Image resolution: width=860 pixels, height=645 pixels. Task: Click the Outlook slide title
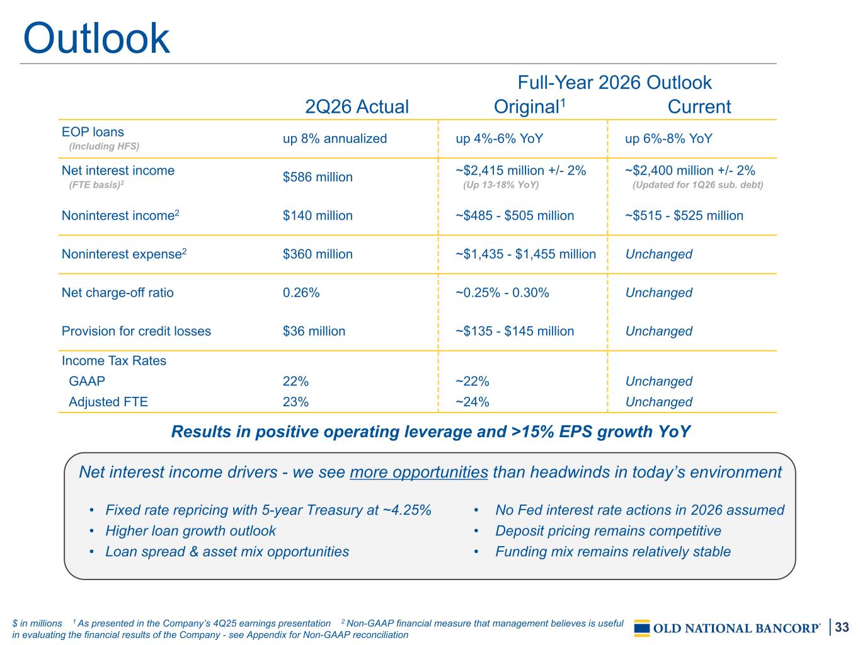pyautogui.click(x=96, y=38)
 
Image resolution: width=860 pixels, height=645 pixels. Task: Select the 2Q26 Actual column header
pyautogui.click(x=357, y=106)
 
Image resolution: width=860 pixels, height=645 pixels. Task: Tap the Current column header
pyautogui.click(x=699, y=106)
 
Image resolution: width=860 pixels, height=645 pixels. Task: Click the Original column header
pyautogui.click(x=529, y=106)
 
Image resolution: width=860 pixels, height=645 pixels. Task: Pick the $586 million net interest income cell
pyautogui.click(x=318, y=177)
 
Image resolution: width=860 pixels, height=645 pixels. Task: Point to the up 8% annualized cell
pyautogui.click(x=335, y=139)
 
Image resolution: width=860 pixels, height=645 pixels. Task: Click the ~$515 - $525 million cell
pyautogui.click(x=684, y=215)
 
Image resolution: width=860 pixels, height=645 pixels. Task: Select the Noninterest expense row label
pyautogui.click(x=124, y=254)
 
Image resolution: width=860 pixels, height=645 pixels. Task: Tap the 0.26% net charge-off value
pyautogui.click(x=301, y=292)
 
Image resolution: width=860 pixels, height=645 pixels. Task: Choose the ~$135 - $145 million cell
pyautogui.click(x=515, y=331)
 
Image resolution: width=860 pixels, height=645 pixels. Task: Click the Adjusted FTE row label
pyautogui.click(x=108, y=402)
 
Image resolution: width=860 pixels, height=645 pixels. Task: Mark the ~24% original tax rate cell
pyautogui.click(x=472, y=402)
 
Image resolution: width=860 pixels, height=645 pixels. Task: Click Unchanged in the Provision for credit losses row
pyautogui.click(x=658, y=331)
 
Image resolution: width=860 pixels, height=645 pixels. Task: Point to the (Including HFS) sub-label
pyautogui.click(x=104, y=147)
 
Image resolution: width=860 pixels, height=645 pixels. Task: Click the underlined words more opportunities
pyautogui.click(x=419, y=472)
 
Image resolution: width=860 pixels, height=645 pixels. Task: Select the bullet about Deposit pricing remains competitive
pyautogui.click(x=608, y=531)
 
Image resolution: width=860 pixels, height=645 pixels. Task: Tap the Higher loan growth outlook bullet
pyautogui.click(x=190, y=531)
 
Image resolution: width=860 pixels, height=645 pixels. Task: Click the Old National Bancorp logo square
pyautogui.click(x=641, y=629)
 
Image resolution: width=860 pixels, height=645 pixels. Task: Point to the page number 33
pyautogui.click(x=842, y=627)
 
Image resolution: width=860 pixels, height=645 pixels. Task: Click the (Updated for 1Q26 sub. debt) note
pyautogui.click(x=697, y=185)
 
